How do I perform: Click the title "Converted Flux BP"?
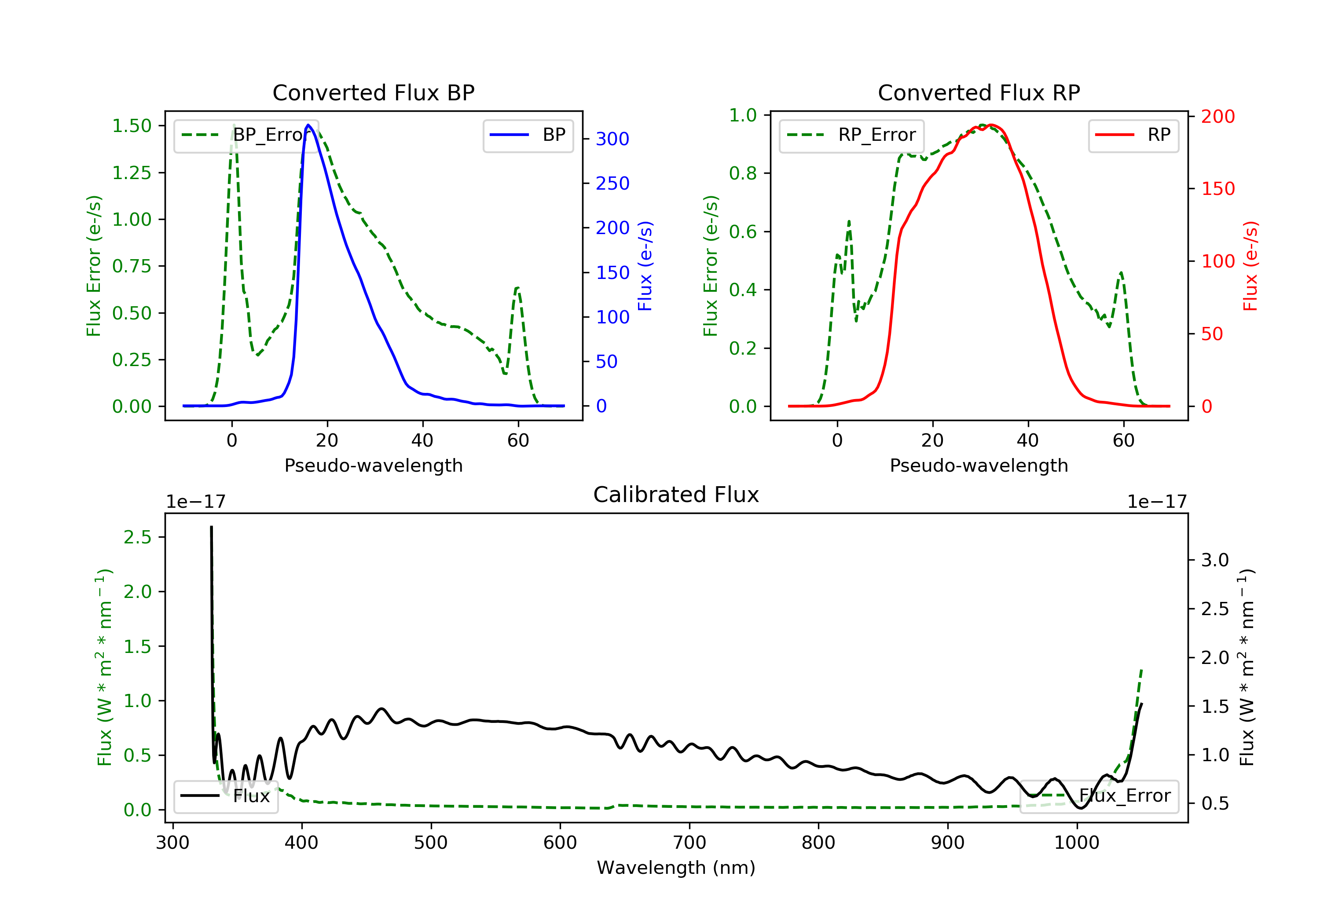pos(373,92)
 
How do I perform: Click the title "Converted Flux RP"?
pos(979,92)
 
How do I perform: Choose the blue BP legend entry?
pos(528,135)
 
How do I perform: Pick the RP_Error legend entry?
pos(851,135)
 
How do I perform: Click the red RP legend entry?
pos(1133,135)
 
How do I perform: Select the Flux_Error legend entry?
pos(1099,796)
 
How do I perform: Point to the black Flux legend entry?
pos(226,796)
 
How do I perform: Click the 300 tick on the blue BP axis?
pos(612,139)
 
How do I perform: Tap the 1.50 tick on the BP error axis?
pos(132,126)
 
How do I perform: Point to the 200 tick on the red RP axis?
pos(1217,117)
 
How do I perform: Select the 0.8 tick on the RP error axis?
pos(743,173)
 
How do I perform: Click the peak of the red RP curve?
pos(991,125)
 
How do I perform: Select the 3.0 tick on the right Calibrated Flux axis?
pos(1214,560)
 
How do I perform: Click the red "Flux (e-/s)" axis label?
pos(1250,266)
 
